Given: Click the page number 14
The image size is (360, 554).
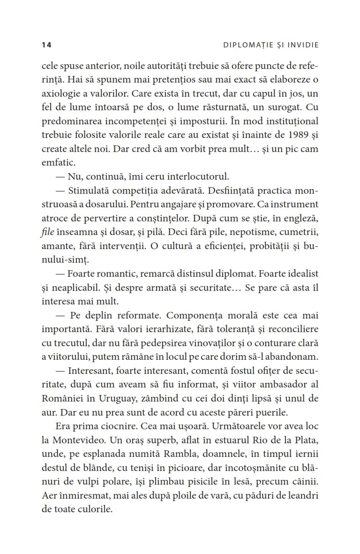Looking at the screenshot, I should coord(46,45).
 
